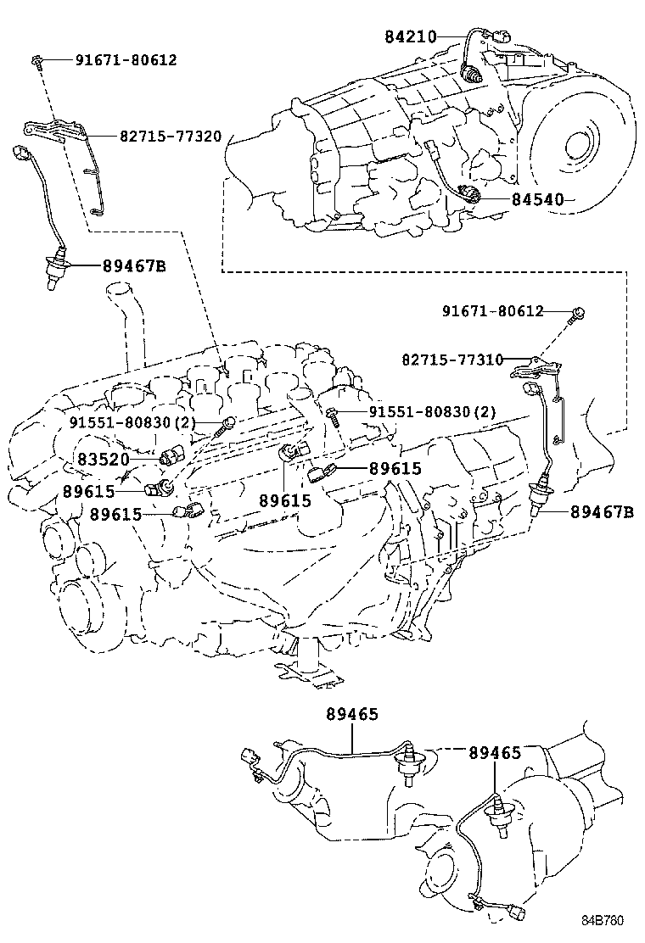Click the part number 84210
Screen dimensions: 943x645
pos(410,36)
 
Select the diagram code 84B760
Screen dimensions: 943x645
pos(610,920)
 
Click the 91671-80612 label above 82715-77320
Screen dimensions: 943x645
pos(126,60)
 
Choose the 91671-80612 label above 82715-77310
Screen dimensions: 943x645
pos(491,312)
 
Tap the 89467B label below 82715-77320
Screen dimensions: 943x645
pos(134,265)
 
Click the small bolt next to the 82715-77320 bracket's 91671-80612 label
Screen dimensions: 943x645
pos(40,59)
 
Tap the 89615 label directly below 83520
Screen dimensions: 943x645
pos(87,491)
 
